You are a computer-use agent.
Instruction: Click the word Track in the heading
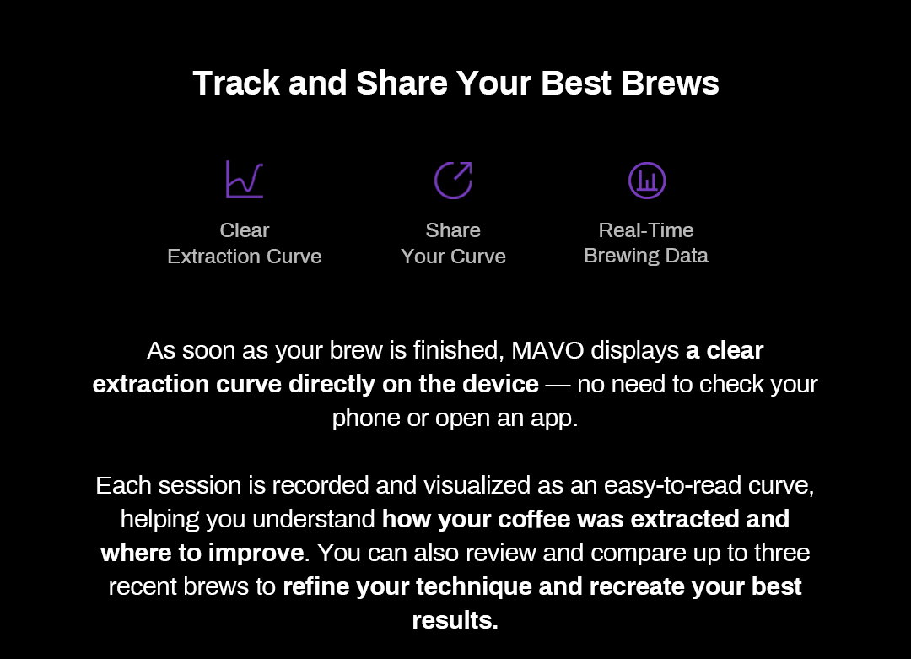tap(236, 83)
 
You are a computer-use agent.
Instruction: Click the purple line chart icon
tap(245, 180)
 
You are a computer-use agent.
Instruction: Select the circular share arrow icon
tap(453, 181)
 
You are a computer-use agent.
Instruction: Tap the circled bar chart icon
tap(647, 181)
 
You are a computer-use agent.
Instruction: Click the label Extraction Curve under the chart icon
tap(245, 257)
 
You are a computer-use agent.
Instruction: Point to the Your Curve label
tap(453, 257)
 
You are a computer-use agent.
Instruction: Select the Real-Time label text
tap(646, 230)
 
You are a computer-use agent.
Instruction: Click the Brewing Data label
tap(646, 256)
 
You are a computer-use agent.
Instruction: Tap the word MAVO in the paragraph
tap(547, 350)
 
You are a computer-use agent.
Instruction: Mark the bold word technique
tap(473, 586)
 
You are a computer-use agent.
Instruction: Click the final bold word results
tap(455, 620)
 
